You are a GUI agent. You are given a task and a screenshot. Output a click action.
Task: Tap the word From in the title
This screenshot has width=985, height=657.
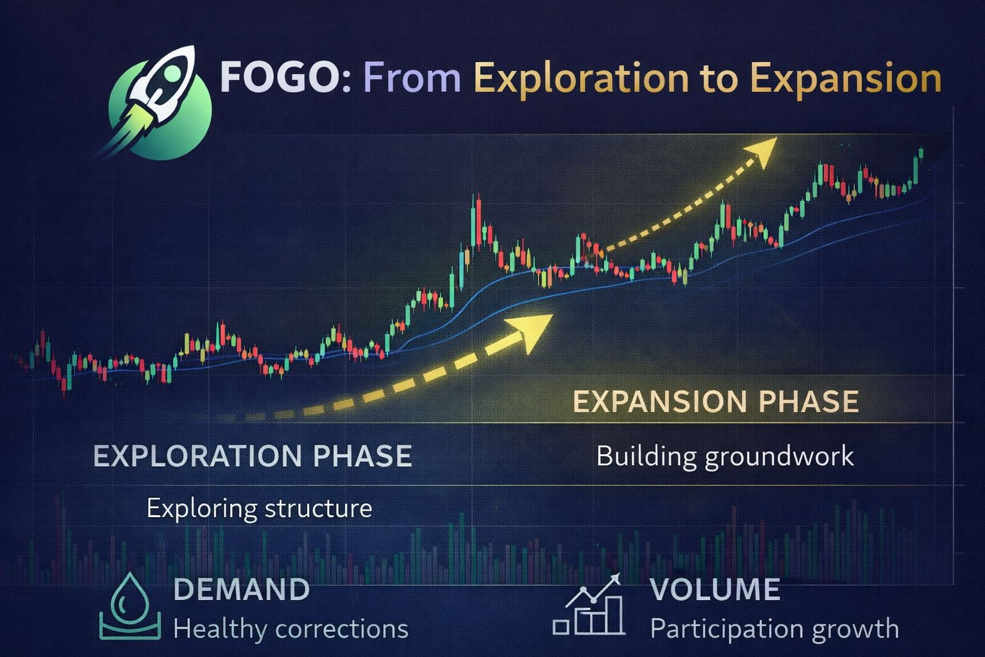point(412,78)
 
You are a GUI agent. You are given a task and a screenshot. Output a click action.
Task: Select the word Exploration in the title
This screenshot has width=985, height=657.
point(581,79)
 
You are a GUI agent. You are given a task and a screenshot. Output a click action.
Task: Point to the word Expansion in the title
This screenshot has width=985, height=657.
point(846,79)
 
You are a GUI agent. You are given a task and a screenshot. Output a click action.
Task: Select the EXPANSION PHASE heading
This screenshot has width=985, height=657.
point(716,402)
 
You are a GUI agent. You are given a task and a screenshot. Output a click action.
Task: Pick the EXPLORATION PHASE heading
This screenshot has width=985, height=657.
point(253,456)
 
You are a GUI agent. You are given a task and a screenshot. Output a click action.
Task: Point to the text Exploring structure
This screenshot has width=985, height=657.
point(260,509)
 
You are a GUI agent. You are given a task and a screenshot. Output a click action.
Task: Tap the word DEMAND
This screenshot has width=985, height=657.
point(242,590)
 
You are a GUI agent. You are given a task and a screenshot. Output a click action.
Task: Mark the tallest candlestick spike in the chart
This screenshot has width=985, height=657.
point(476,221)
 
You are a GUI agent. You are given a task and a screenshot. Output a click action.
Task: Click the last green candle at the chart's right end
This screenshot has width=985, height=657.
point(921,153)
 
